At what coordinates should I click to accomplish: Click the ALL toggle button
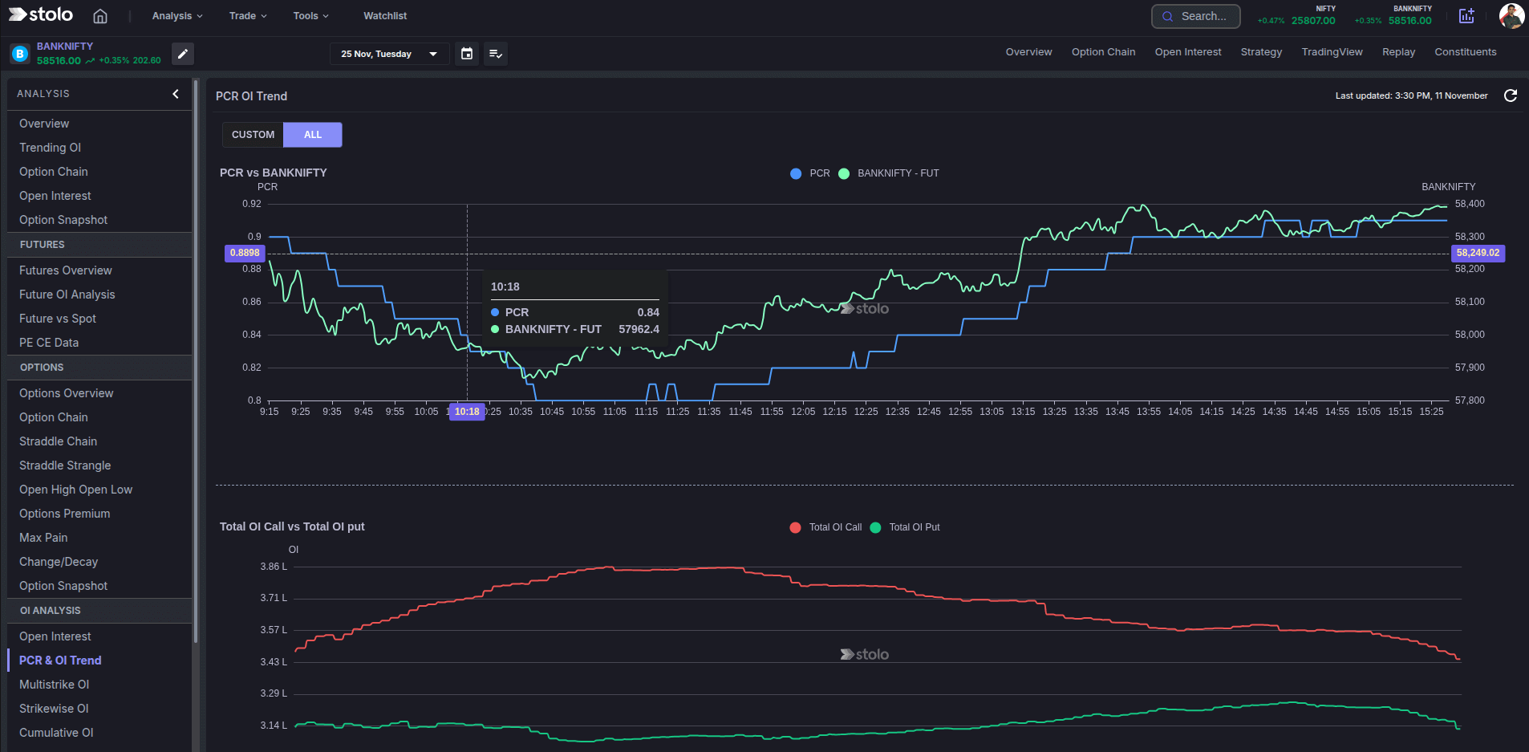pos(313,135)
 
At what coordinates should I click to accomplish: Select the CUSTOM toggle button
pos(253,135)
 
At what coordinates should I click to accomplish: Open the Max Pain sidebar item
pos(43,538)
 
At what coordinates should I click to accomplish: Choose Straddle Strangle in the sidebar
pos(65,465)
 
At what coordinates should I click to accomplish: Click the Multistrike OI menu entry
pos(54,685)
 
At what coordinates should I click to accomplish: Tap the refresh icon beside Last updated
pos(1510,96)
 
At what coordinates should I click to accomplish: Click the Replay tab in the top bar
pos(1398,52)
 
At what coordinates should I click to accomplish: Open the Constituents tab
pos(1465,52)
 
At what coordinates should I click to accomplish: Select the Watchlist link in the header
pos(385,16)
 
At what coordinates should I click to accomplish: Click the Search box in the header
pos(1195,16)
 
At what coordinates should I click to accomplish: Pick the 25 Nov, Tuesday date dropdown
pos(389,54)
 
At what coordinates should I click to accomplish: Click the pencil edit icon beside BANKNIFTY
pos(183,54)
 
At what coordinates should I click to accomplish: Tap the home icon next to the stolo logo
pos(100,16)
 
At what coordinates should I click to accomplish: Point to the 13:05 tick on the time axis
pos(992,412)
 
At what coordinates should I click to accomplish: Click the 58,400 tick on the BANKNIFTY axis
pos(1470,204)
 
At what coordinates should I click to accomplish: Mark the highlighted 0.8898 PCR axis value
pos(245,253)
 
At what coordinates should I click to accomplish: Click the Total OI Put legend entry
pos(914,527)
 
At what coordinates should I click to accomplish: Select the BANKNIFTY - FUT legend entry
pos(897,173)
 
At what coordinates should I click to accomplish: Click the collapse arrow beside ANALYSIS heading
pos(176,94)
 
